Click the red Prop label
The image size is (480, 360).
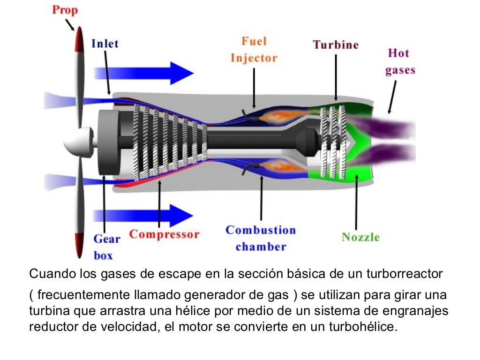pyautogui.click(x=65, y=10)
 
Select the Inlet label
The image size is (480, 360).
pyautogui.click(x=105, y=44)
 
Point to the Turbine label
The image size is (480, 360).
pyautogui.click(x=336, y=45)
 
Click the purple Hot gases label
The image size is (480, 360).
pyautogui.click(x=400, y=61)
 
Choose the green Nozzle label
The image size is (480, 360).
pyautogui.click(x=360, y=237)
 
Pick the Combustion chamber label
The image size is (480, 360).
pyautogui.click(x=261, y=238)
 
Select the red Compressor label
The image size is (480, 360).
pyautogui.click(x=164, y=234)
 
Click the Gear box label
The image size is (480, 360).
pyautogui.click(x=106, y=247)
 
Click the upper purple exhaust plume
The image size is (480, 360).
pyautogui.click(x=384, y=127)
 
